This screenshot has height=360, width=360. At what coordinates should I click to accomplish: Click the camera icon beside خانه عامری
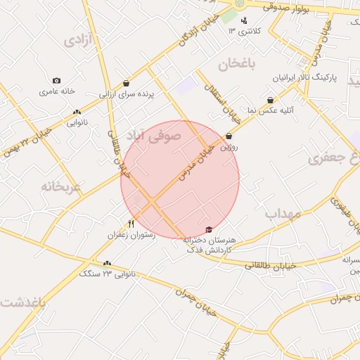(x=56, y=81)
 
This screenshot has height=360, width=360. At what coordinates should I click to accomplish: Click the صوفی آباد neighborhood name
(x=153, y=133)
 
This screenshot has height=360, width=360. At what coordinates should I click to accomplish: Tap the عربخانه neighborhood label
(x=61, y=187)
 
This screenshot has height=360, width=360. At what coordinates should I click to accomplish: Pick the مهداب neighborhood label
(x=283, y=212)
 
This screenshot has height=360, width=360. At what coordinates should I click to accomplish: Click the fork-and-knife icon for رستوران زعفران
(x=131, y=224)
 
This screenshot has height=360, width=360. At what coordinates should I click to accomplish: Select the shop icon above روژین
(x=229, y=136)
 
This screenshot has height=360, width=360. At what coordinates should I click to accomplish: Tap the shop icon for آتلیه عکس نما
(x=271, y=101)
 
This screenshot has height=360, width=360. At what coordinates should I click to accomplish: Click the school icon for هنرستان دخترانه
(x=208, y=230)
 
